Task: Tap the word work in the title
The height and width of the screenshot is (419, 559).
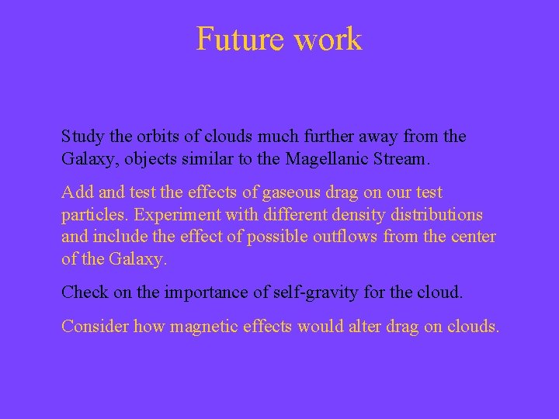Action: (329, 39)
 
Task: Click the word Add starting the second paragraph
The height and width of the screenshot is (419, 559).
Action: (76, 192)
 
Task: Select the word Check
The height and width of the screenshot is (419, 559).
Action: (85, 292)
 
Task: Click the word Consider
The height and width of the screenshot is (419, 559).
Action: (95, 326)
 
